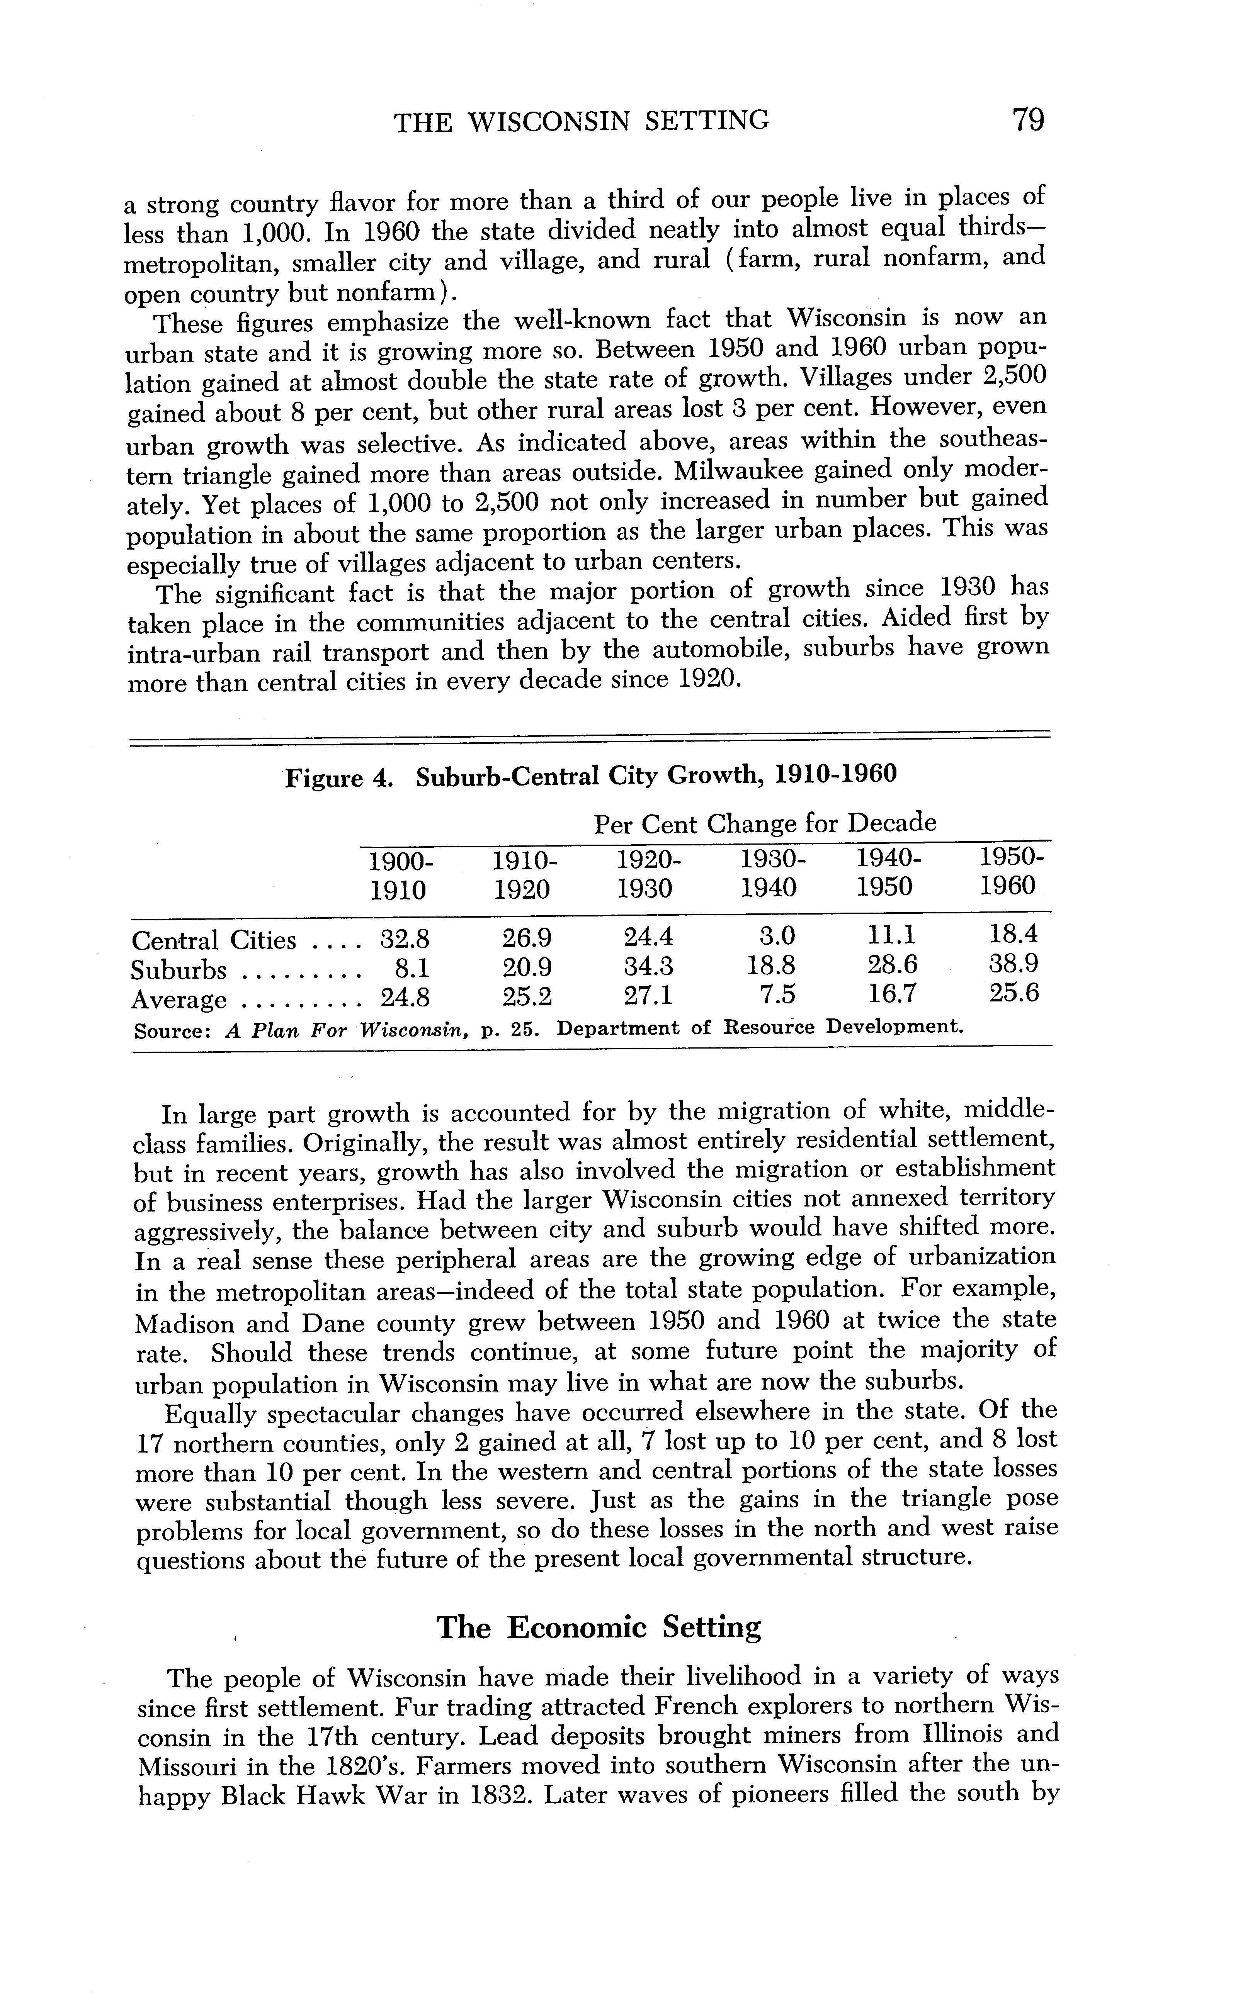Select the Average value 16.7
coord(892,994)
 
